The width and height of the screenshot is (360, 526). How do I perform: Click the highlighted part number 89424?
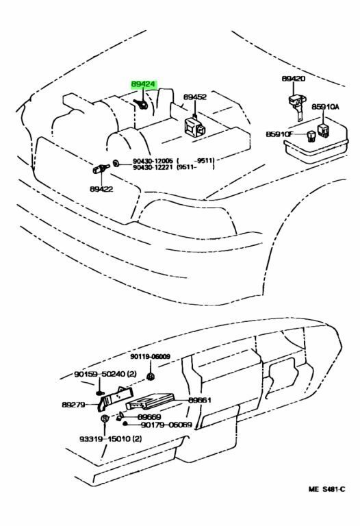coord(144,86)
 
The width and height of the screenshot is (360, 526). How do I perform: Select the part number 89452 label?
coord(195,98)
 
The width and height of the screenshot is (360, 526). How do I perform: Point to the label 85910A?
coord(326,108)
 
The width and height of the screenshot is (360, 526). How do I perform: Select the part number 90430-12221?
coord(152,167)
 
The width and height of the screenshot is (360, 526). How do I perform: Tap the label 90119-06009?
coord(151,356)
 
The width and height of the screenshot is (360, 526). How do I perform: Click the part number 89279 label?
coord(73,405)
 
